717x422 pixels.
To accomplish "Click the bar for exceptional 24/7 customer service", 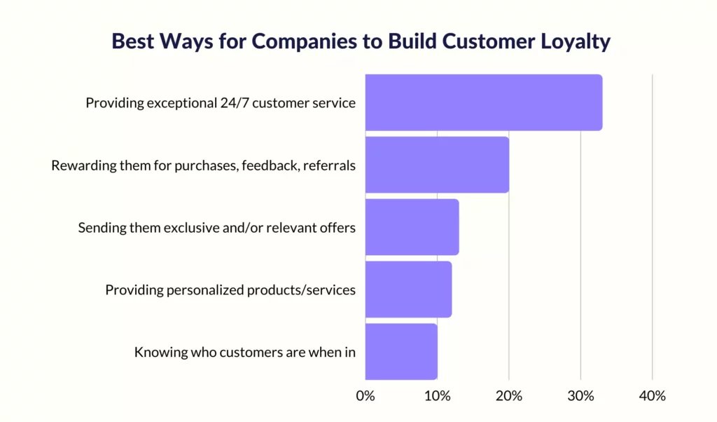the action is [x=484, y=102].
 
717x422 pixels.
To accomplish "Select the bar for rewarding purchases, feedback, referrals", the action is [x=437, y=165].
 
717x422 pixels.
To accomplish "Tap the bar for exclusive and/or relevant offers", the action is [x=412, y=227].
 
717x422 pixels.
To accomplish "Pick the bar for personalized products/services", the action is [x=408, y=290].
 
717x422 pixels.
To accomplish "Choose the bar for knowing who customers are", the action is [x=401, y=351].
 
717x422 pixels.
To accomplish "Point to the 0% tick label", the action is [x=366, y=396].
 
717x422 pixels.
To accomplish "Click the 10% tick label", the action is [x=437, y=396].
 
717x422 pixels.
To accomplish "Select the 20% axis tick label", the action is [x=509, y=396].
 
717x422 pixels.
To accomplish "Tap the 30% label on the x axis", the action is [x=580, y=396].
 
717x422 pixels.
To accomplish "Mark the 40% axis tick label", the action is [x=653, y=396].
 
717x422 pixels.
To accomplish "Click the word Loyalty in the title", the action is [x=576, y=41].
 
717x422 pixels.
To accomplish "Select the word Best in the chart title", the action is [x=132, y=41].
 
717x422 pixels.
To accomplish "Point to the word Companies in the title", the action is [x=304, y=42].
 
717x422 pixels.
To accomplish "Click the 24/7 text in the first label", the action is [x=234, y=103].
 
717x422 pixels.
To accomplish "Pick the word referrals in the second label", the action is [x=329, y=165].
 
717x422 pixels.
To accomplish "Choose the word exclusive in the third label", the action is [x=191, y=228].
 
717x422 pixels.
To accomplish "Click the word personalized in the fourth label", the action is [x=204, y=290].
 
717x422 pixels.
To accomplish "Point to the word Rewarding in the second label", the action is [x=84, y=165].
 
